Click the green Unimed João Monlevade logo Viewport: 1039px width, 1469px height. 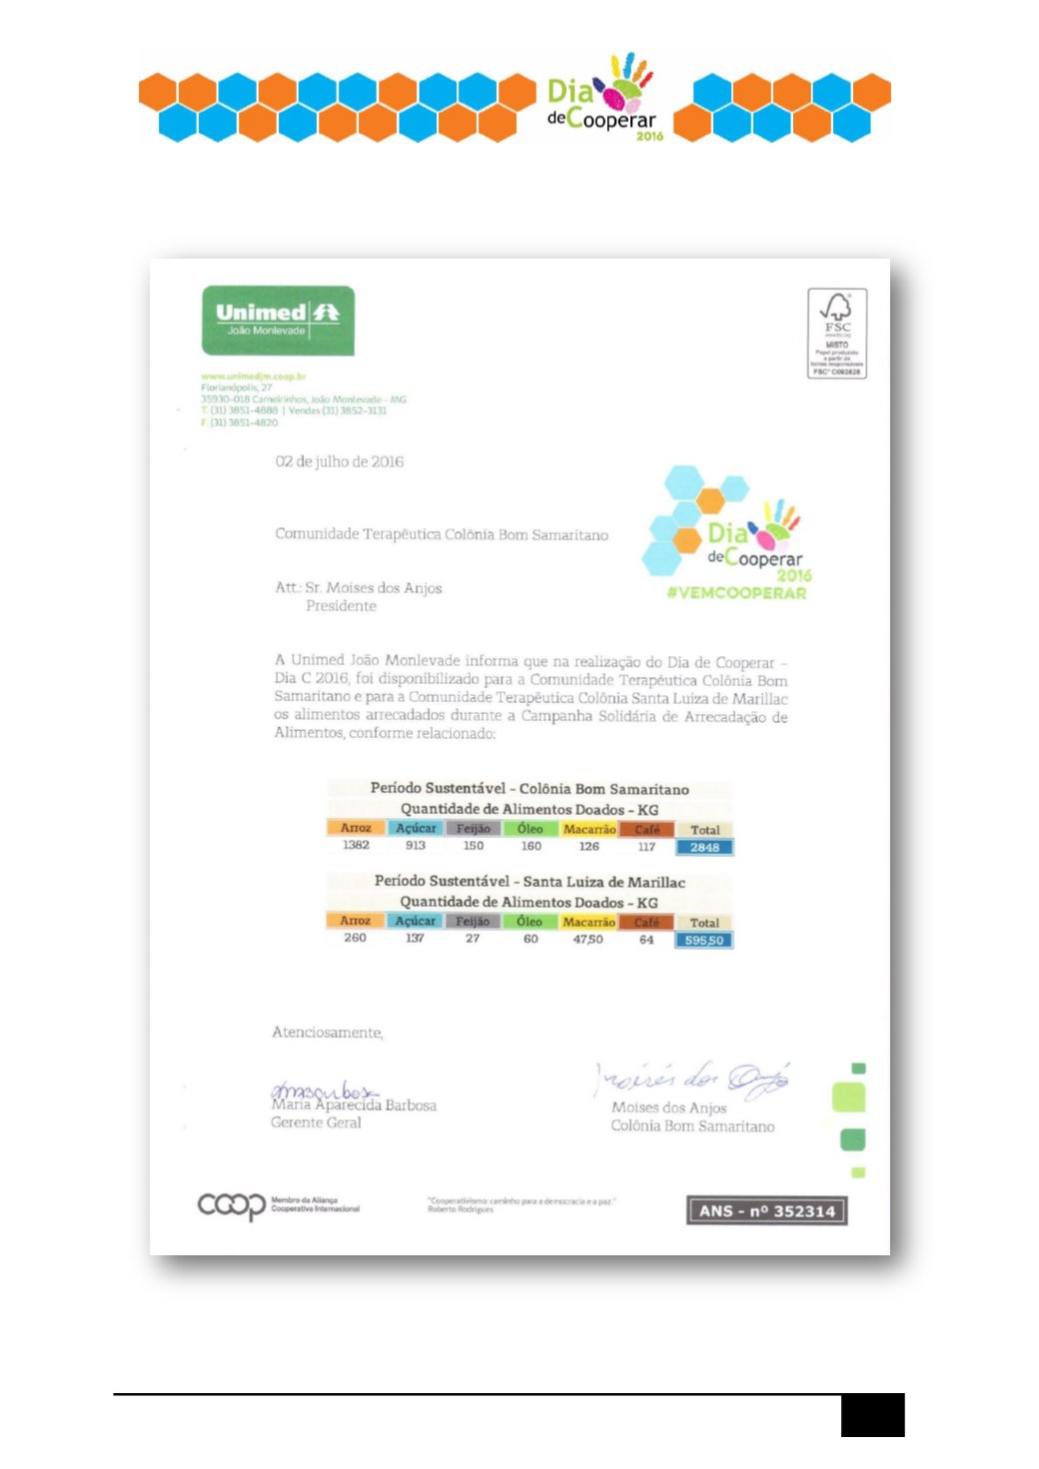(x=278, y=321)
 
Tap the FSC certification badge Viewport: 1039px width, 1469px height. (x=836, y=334)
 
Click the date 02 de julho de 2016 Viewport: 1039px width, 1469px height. (x=340, y=461)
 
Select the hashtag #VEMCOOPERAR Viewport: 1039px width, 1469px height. (x=736, y=593)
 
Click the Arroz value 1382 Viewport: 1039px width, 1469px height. (x=356, y=846)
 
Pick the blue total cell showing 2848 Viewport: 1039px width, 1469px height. (x=704, y=847)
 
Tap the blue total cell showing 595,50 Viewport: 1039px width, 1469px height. (x=704, y=940)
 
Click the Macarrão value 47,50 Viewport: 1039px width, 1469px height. (x=587, y=939)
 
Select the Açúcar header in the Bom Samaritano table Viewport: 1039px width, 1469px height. (x=416, y=828)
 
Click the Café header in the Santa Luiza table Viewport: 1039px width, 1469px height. (x=646, y=922)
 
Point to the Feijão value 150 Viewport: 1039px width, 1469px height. (x=474, y=846)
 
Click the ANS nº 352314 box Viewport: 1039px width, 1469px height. (x=766, y=1210)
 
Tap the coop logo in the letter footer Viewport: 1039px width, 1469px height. (x=232, y=1205)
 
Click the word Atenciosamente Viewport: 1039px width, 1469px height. (x=327, y=1033)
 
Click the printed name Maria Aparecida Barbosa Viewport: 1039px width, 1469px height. (x=354, y=1105)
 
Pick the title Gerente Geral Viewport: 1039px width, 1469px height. (x=316, y=1122)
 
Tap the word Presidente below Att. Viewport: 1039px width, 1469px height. (x=341, y=606)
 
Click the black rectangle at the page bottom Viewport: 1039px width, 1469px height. (x=872, y=1414)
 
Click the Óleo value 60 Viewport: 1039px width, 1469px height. (x=530, y=939)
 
